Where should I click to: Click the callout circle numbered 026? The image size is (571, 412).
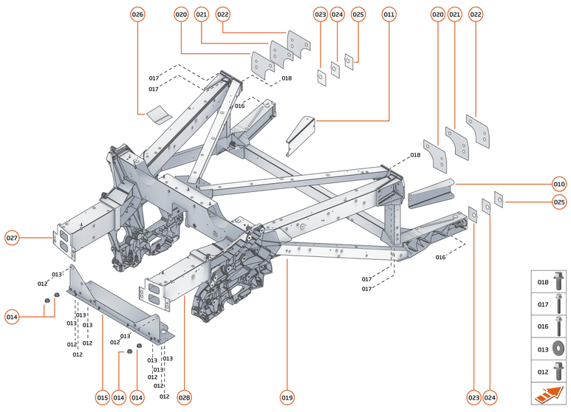[137, 14]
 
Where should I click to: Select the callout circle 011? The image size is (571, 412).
[389, 14]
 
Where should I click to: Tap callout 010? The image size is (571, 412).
[559, 183]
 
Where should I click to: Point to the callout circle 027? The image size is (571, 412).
[12, 238]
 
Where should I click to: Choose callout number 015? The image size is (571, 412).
[102, 398]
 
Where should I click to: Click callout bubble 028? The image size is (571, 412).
[184, 398]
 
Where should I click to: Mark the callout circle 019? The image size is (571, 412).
[287, 398]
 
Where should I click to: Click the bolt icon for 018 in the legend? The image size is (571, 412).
[558, 281]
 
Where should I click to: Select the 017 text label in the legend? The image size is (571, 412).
[542, 303]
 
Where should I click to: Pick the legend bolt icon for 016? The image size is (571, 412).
[558, 325]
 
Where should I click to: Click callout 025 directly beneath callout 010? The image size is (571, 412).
[559, 202]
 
